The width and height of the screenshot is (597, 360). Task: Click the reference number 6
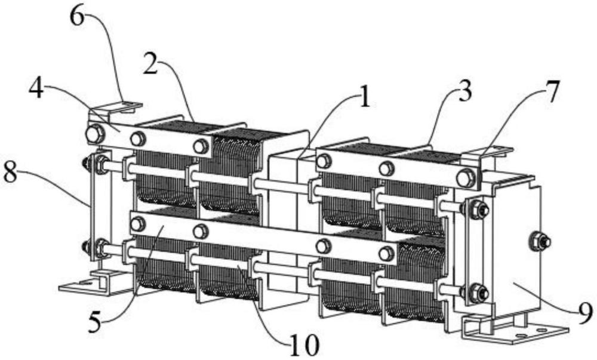click(78, 17)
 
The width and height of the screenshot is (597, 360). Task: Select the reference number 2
click(152, 64)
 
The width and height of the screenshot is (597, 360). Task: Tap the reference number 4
click(36, 90)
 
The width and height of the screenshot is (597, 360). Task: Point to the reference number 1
click(364, 97)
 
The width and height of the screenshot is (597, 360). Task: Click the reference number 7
click(552, 92)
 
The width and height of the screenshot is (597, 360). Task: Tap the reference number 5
click(95, 323)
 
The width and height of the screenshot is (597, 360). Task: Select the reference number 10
click(304, 345)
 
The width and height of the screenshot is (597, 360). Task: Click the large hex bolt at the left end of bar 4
click(94, 134)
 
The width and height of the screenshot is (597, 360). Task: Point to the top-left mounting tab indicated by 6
click(116, 107)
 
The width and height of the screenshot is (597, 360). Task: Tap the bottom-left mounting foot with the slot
click(93, 283)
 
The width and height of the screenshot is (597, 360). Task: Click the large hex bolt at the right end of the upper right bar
click(466, 177)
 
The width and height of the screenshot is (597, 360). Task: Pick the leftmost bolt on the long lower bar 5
click(137, 224)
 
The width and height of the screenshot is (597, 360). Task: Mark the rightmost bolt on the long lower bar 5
click(386, 254)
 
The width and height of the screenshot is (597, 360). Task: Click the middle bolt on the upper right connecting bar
click(386, 168)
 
